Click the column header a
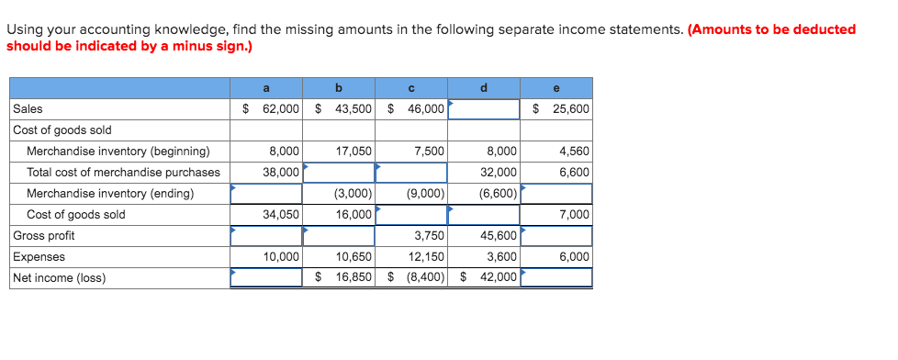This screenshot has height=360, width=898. (266, 88)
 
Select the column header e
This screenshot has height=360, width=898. (556, 88)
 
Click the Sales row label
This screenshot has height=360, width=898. (28, 109)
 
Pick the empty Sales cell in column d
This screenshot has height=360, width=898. (484, 109)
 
